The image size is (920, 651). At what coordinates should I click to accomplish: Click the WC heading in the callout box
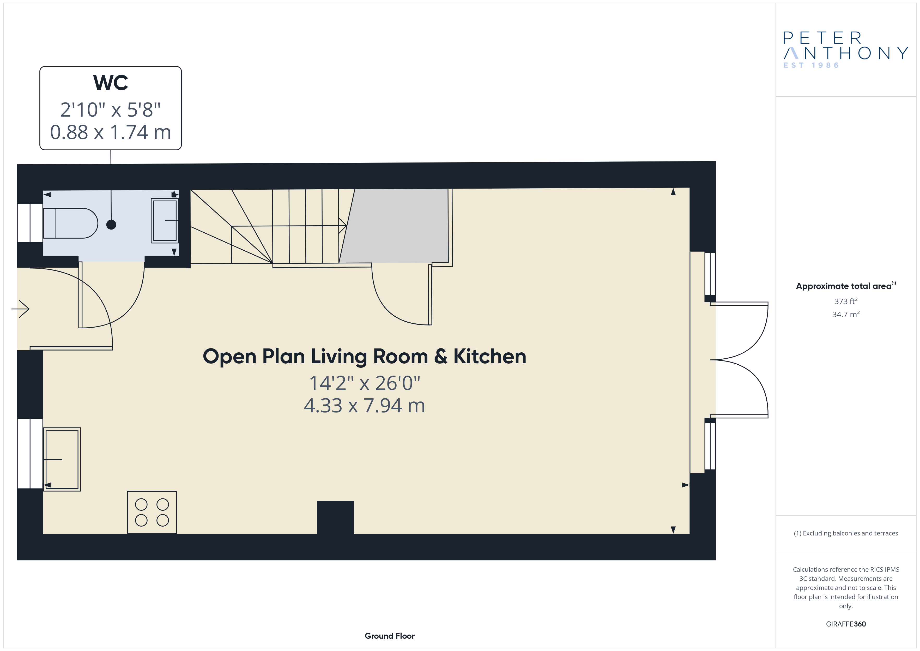111,83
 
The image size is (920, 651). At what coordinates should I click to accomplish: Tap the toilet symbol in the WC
70,223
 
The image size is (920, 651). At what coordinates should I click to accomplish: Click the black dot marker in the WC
111,225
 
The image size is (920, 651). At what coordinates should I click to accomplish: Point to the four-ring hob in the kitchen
152,512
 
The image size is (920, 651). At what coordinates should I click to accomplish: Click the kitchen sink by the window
62,459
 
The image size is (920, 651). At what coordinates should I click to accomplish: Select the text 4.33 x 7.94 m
364,405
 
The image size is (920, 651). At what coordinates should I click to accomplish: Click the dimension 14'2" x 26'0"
364,383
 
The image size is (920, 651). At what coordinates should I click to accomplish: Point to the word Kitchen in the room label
490,356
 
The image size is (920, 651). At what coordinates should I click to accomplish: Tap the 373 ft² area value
846,301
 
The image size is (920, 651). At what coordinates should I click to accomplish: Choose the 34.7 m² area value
846,314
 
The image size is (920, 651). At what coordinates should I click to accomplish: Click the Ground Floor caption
390,636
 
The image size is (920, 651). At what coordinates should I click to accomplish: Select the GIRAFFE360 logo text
846,624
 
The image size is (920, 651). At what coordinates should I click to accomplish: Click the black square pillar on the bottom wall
335,517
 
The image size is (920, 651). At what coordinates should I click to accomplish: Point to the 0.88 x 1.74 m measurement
111,132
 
